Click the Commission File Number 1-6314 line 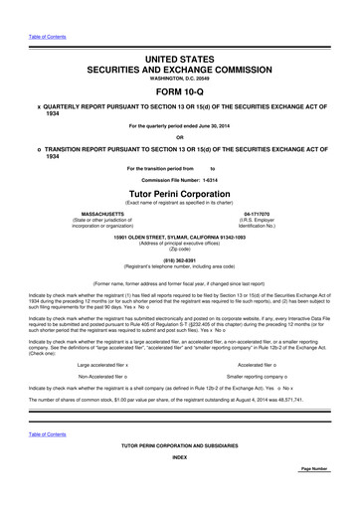click(179, 178)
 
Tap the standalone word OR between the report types click(179, 137)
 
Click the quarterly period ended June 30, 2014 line click(179, 124)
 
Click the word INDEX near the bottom click(179, 484)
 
